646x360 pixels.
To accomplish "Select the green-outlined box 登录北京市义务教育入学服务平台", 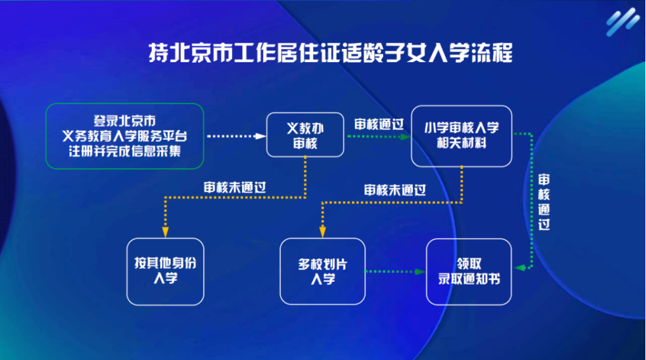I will tap(124, 136).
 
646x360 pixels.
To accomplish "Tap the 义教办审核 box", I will tap(305, 135).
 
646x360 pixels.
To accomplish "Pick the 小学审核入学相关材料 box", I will tap(461, 135).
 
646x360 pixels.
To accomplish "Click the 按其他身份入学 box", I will tap(165, 271).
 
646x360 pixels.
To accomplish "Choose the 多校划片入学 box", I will tap(323, 271).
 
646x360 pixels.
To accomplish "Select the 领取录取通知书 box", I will tap(469, 271).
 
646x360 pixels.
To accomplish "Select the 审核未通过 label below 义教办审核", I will tap(234, 187).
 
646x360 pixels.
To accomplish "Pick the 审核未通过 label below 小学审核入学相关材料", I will tap(394, 189).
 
